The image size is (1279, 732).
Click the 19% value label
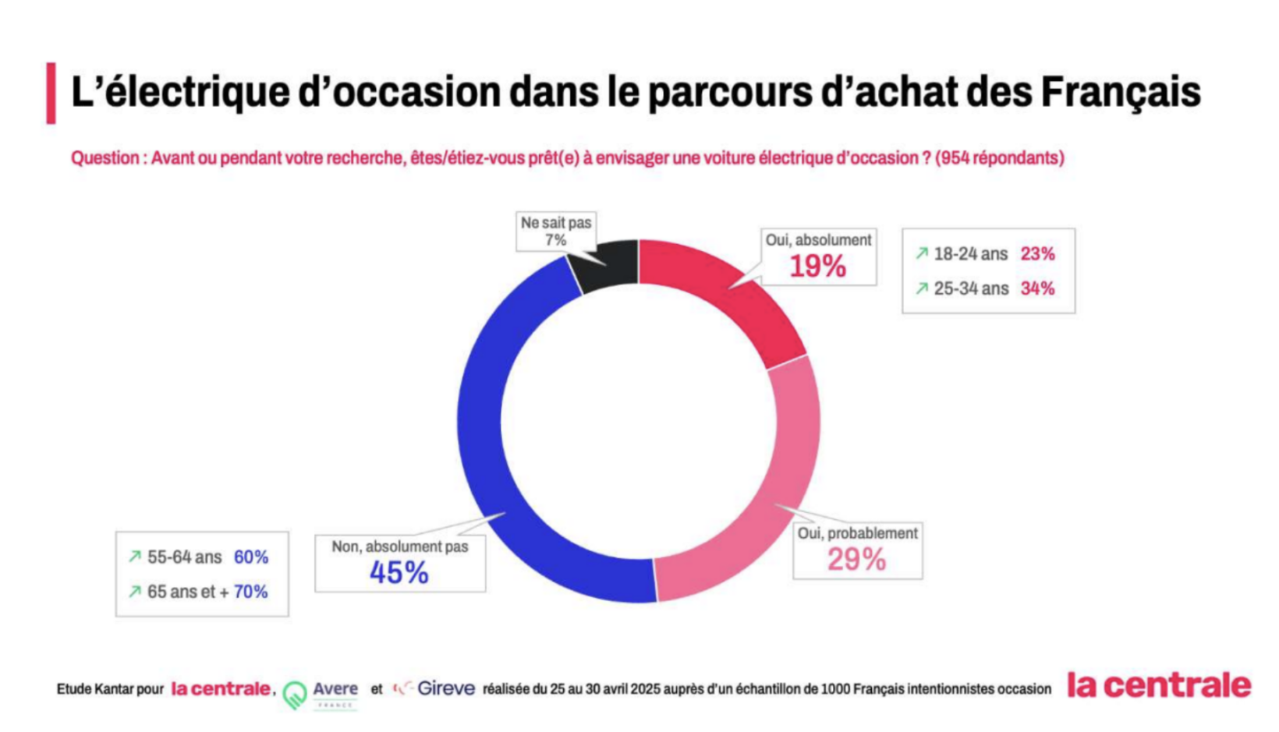(817, 267)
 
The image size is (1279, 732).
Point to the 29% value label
(856, 560)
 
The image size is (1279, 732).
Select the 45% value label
(399, 573)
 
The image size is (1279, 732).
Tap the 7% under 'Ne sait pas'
(555, 241)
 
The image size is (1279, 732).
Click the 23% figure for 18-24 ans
(1037, 254)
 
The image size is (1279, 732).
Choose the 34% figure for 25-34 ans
(1037, 288)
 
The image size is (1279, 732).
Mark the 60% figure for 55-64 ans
(251, 557)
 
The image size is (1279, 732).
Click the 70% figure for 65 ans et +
(250, 592)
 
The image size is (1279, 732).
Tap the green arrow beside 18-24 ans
(922, 253)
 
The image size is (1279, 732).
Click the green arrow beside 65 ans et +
(135, 592)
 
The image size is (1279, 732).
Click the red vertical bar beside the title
(51, 94)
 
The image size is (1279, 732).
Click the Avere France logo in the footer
(320, 693)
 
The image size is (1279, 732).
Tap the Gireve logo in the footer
(435, 688)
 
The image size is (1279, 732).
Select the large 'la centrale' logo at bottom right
(1158, 685)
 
